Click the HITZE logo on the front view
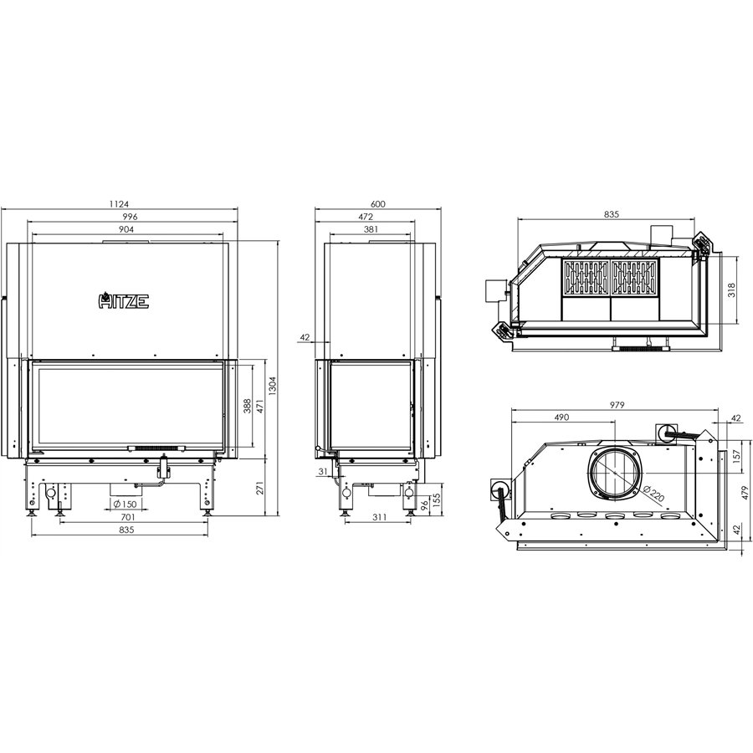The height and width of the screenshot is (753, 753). click(x=125, y=300)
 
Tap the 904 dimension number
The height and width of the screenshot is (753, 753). click(x=128, y=228)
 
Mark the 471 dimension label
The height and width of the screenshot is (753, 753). click(x=259, y=407)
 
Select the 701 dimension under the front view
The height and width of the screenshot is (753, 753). click(x=127, y=518)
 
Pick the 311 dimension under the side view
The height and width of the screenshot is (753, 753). click(x=376, y=518)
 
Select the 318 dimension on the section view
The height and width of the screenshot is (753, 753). click(x=731, y=290)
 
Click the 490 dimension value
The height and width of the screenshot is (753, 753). click(x=561, y=417)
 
